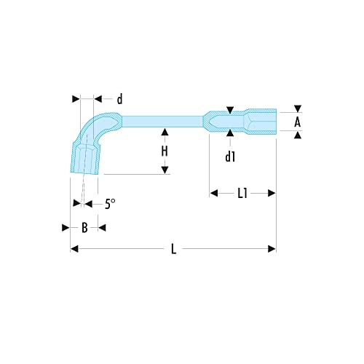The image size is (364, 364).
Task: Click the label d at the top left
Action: (119, 98)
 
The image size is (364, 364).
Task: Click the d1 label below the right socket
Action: (230, 155)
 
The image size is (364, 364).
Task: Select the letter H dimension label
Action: (165, 151)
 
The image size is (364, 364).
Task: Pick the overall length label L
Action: (173, 250)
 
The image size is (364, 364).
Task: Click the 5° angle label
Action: (109, 205)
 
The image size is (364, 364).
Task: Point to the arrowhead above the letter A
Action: (297, 107)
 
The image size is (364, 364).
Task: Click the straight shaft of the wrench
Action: (160, 119)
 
